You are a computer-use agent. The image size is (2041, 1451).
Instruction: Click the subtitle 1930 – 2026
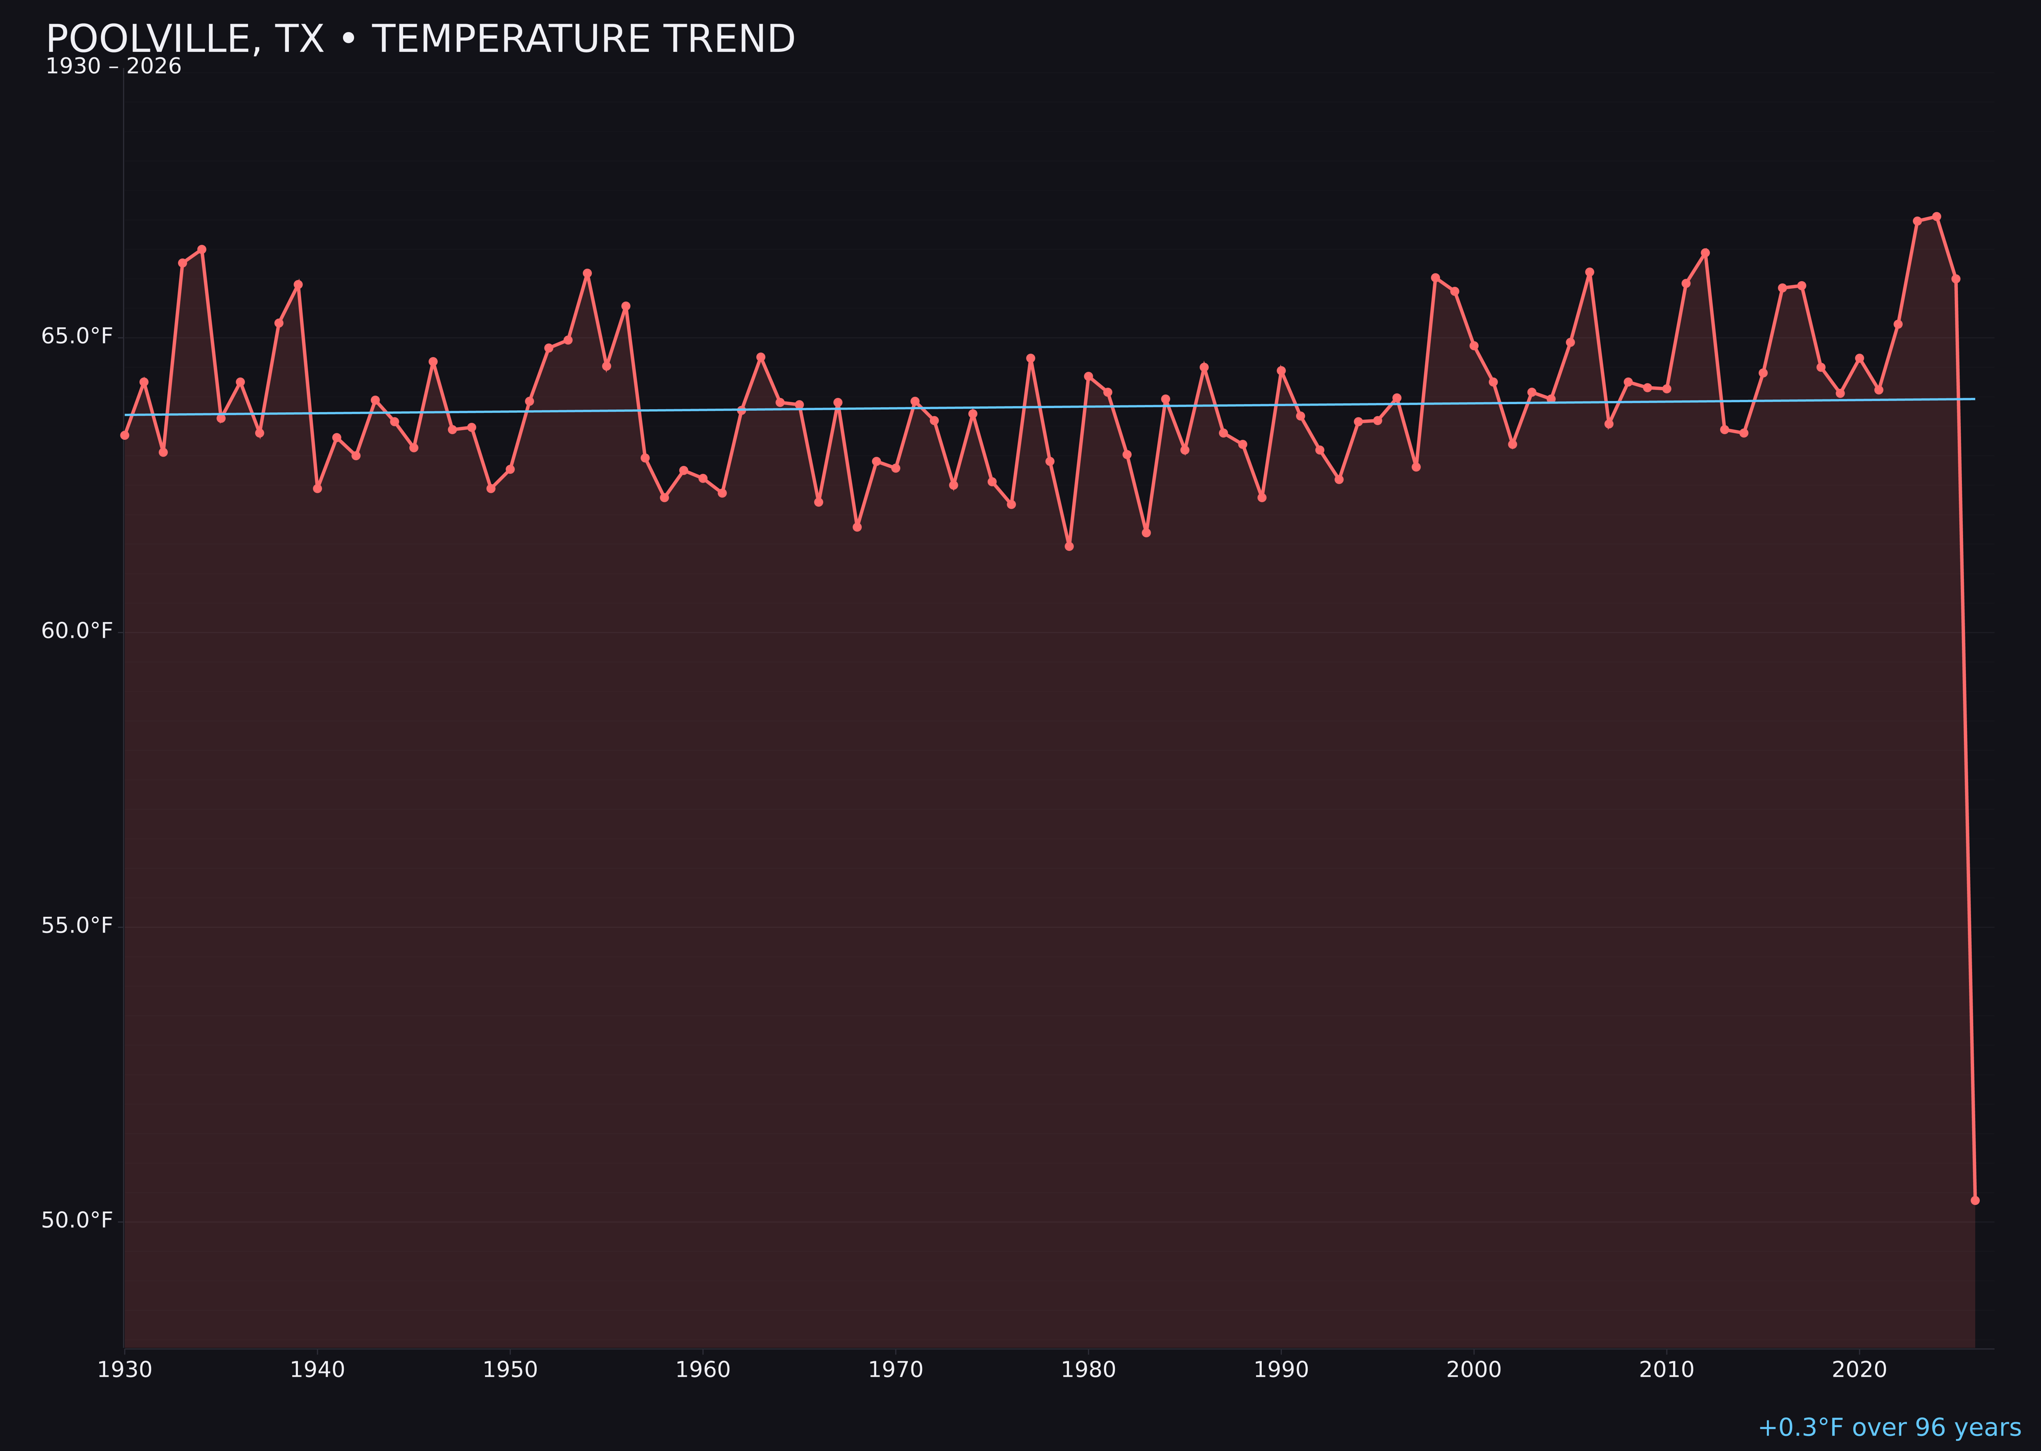(x=113, y=67)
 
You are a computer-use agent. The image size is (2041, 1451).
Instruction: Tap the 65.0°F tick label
(x=77, y=336)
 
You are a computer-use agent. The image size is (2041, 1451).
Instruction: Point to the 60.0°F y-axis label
(x=77, y=631)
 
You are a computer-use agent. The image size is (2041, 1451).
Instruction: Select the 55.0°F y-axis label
(x=77, y=925)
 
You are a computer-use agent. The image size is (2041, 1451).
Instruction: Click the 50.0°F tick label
(x=77, y=1220)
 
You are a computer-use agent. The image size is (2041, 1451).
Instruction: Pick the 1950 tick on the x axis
(x=510, y=1370)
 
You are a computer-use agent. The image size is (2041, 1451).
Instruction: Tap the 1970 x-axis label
(x=895, y=1370)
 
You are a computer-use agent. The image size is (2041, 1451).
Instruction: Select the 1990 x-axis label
(x=1281, y=1370)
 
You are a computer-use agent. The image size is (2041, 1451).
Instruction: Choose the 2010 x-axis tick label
(x=1666, y=1370)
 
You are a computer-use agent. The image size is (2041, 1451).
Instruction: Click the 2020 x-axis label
(x=1859, y=1370)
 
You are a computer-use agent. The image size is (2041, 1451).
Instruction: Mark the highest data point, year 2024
(x=1936, y=216)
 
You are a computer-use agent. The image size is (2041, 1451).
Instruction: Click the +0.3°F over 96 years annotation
(x=1889, y=1428)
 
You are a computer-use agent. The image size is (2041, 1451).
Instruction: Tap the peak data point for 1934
(x=202, y=249)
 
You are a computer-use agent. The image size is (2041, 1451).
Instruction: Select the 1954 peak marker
(x=587, y=273)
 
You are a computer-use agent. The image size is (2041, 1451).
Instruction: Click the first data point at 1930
(x=125, y=435)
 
